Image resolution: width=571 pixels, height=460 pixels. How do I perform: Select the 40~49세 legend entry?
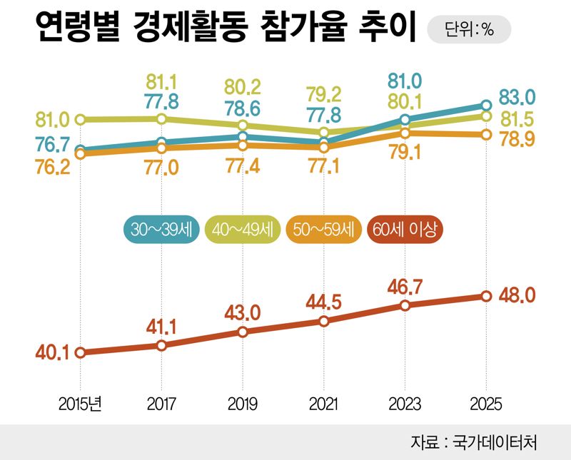[243, 230]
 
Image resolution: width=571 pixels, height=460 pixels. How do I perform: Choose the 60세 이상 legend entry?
[408, 230]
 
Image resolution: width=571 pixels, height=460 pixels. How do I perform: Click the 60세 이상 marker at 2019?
[243, 332]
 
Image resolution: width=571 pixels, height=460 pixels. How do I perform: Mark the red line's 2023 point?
[405, 305]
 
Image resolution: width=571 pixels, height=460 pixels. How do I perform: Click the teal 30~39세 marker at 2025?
[486, 106]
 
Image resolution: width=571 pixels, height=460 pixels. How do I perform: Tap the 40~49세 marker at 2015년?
[81, 119]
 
